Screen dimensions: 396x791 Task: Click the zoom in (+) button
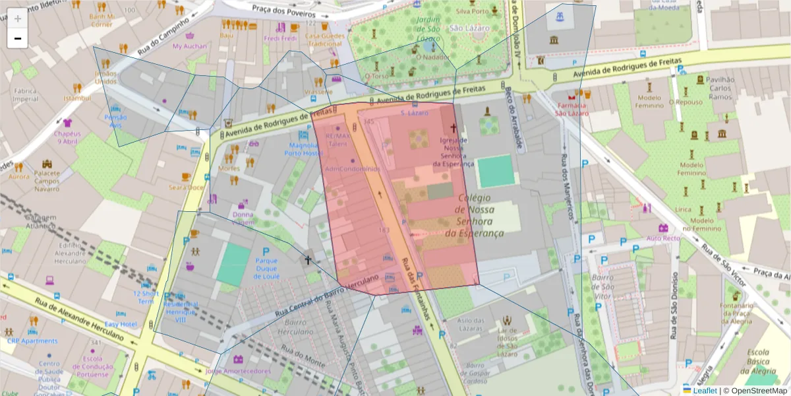tap(18, 18)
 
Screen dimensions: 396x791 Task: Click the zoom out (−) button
tap(18, 38)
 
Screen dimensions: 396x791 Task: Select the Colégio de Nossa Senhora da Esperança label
tap(479, 215)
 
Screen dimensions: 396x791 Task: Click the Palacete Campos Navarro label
tap(47, 180)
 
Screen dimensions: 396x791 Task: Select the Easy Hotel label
tap(120, 324)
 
